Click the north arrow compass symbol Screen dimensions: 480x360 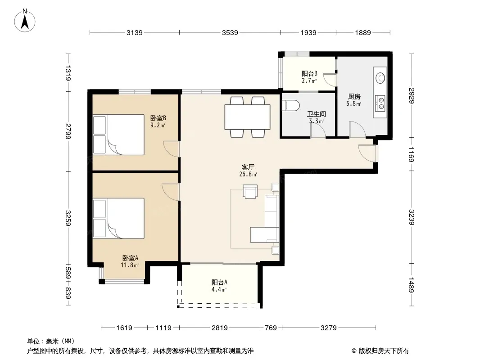pyautogui.click(x=25, y=21)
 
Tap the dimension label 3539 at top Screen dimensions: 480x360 pyautogui.click(x=230, y=32)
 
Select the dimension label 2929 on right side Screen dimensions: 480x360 pyautogui.click(x=412, y=96)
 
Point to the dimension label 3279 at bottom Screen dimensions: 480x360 pyautogui.click(x=328, y=328)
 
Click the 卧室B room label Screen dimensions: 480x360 pyautogui.click(x=158, y=118)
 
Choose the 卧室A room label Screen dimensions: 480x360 pyautogui.click(x=130, y=258)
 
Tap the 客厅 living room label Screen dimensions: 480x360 pyautogui.click(x=248, y=167)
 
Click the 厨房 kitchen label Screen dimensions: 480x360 pyautogui.click(x=354, y=97)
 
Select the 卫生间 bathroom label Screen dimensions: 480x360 pyautogui.click(x=316, y=114)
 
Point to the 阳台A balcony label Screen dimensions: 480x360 pyautogui.click(x=219, y=282)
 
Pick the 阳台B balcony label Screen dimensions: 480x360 pyautogui.click(x=309, y=74)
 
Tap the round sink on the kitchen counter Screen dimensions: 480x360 pyautogui.click(x=380, y=77)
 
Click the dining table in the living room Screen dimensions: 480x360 pyautogui.click(x=247, y=117)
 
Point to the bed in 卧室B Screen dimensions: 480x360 pyautogui.click(x=118, y=135)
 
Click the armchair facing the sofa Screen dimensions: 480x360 pyautogui.click(x=250, y=192)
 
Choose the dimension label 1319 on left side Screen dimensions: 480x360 pyautogui.click(x=68, y=73)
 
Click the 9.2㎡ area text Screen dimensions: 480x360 pyautogui.click(x=158, y=125)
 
